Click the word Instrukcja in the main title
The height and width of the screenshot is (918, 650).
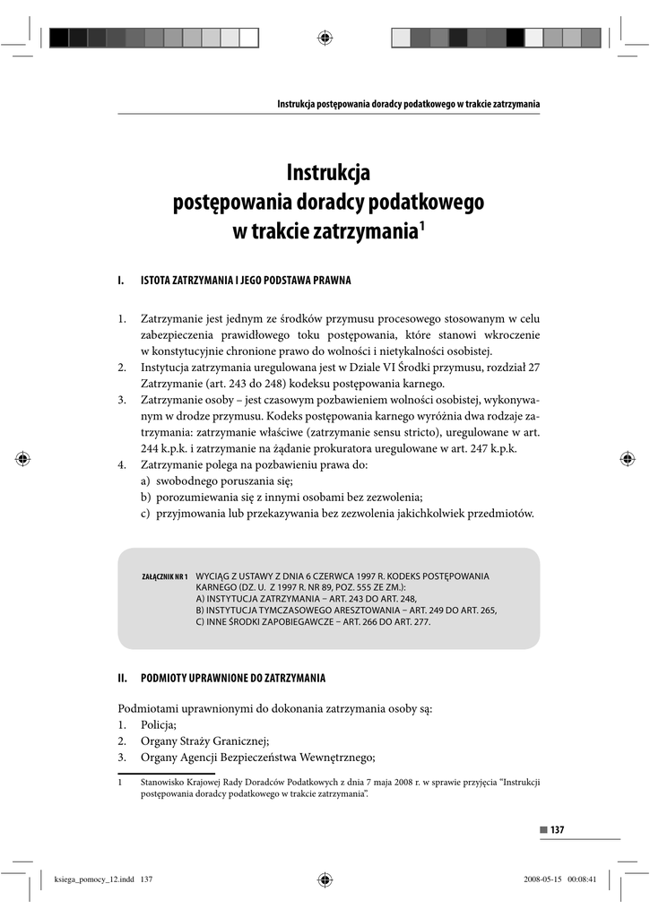pyautogui.click(x=327, y=171)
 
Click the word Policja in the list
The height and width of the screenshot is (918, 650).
pyautogui.click(x=159, y=724)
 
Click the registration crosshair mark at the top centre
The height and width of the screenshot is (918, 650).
pyautogui.click(x=325, y=37)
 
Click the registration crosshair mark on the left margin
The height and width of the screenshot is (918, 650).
pyautogui.click(x=24, y=458)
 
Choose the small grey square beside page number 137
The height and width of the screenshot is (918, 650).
pyautogui.click(x=542, y=829)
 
